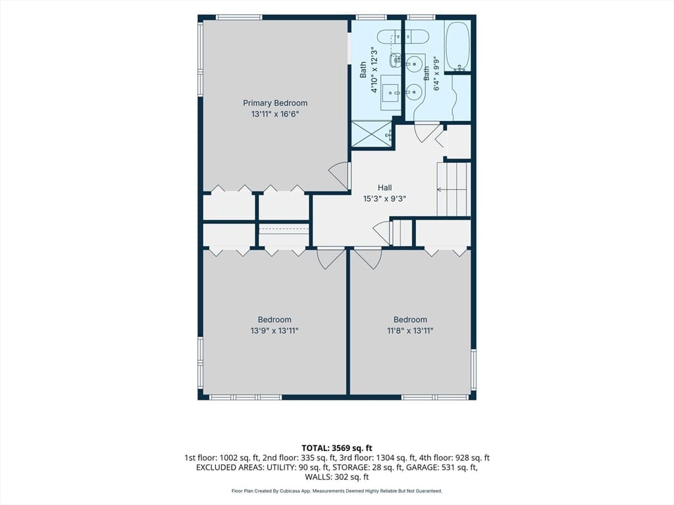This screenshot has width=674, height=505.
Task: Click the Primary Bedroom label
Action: (275, 103)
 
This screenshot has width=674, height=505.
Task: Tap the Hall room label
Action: (384, 187)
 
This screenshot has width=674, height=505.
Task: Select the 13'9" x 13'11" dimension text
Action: (274, 331)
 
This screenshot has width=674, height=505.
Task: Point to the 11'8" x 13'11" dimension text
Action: (410, 331)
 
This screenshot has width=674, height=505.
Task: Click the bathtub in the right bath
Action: (457, 47)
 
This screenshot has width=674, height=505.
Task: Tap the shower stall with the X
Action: (372, 133)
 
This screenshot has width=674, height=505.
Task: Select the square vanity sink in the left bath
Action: (391, 92)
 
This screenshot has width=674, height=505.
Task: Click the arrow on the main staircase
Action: (452, 189)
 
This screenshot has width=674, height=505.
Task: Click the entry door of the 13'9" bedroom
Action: (330, 258)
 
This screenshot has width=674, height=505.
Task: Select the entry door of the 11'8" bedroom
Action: (368, 258)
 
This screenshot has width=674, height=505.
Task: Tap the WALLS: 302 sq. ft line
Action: (337, 477)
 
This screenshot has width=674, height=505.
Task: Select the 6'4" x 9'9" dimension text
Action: (437, 74)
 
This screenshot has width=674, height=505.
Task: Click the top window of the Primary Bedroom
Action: (239, 17)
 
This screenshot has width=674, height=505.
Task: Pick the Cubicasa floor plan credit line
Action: (337, 491)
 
